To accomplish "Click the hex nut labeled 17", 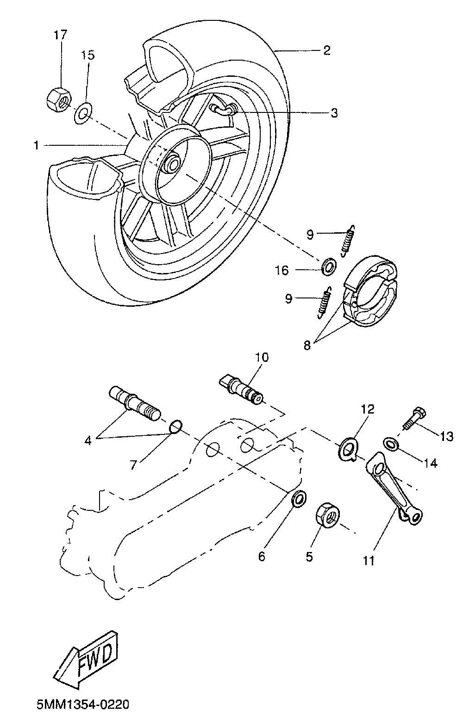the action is [58, 99].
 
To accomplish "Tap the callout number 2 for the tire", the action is [326, 50].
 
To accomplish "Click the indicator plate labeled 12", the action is [347, 449].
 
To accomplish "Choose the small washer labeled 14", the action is [391, 443].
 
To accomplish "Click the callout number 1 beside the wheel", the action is [36, 146].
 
